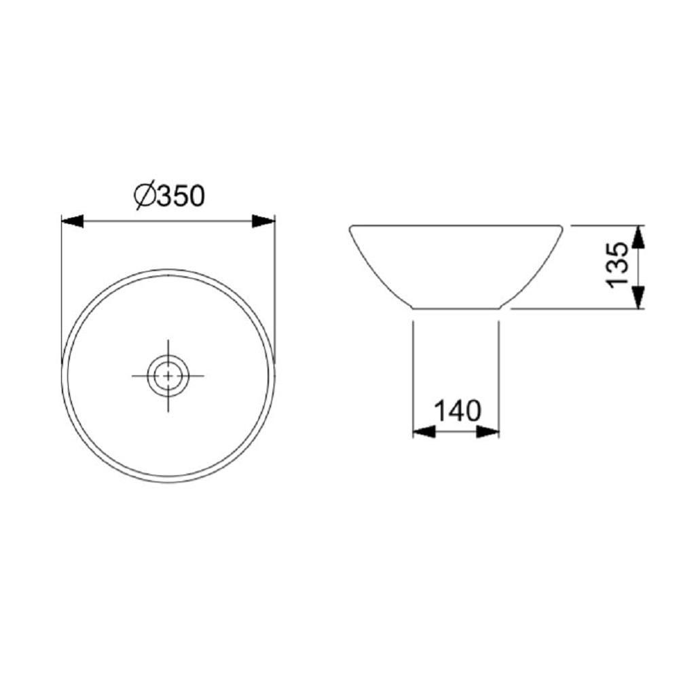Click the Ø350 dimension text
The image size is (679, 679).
(170, 196)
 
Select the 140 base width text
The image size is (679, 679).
(457, 411)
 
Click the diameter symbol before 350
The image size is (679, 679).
(145, 196)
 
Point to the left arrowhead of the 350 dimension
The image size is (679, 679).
(72, 221)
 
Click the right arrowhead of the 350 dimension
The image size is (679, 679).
(263, 221)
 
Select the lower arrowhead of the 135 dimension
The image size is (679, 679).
(638, 297)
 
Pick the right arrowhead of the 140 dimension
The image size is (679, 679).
(488, 431)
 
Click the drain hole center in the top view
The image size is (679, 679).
(167, 374)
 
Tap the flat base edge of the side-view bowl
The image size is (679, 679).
(456, 309)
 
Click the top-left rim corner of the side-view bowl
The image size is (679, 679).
(350, 226)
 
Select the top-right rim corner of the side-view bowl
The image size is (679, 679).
(563, 226)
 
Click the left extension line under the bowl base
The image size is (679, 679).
(414, 373)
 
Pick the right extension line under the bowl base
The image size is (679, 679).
(499, 373)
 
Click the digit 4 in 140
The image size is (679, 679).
(456, 411)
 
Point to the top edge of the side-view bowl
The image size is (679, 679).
(456, 225)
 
